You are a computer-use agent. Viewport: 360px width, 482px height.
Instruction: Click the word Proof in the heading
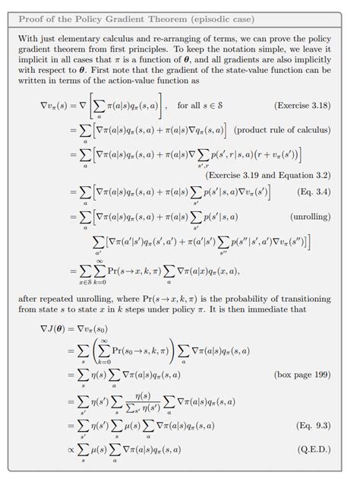(x=31, y=17)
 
